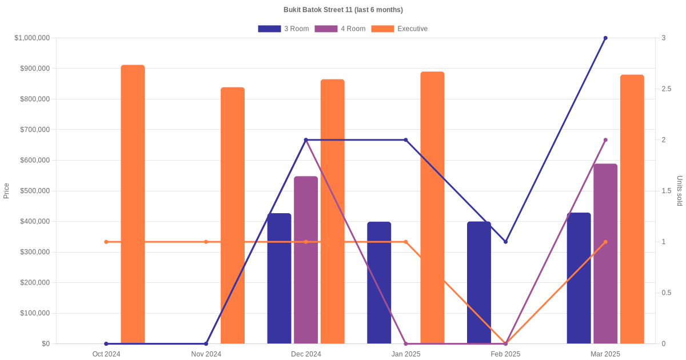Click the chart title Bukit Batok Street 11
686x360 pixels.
coord(343,10)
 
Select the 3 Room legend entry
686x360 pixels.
coord(283,29)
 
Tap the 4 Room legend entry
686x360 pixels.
coord(340,29)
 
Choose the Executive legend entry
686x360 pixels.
coord(399,29)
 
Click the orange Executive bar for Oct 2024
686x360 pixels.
coord(133,204)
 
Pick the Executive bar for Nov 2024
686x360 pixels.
coord(233,215)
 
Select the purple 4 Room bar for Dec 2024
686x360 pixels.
coord(306,260)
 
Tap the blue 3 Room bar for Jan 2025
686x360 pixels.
coord(379,283)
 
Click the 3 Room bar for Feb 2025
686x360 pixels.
coord(479,283)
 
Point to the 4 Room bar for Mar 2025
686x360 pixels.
coord(605,254)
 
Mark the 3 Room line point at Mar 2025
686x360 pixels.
coord(605,38)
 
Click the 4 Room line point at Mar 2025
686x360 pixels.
coord(605,140)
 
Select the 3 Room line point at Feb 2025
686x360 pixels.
coord(505,242)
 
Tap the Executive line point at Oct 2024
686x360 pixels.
coord(106,242)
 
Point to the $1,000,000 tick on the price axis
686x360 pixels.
coord(32,38)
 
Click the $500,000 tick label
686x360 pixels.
coord(32,191)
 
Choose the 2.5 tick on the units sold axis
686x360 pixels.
coord(667,89)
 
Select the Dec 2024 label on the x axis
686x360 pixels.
coord(306,354)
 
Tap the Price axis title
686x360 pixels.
coord(6,191)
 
